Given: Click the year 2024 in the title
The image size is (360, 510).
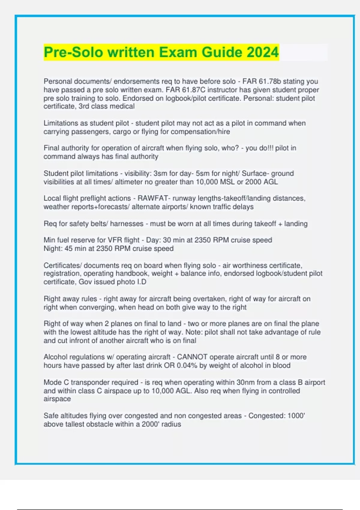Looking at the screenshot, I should [x=263, y=52].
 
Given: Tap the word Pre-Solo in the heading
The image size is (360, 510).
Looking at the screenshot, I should [x=73, y=52].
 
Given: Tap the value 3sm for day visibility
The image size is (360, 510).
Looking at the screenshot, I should [x=160, y=173].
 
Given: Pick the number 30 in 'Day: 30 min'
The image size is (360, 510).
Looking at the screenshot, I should [x=167, y=240].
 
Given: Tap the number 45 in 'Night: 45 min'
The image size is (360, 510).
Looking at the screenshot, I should [x=68, y=249].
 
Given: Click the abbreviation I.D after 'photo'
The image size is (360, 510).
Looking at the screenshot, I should [x=142, y=282].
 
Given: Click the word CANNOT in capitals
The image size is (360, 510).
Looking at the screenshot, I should [x=192, y=357].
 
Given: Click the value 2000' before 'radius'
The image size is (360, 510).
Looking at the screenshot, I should [x=150, y=424].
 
